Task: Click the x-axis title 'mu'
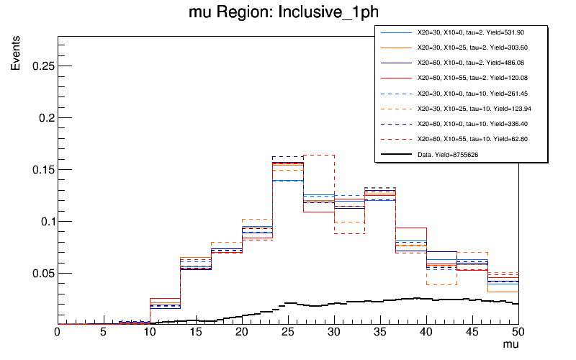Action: click(x=510, y=346)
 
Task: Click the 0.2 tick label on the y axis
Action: click(x=43, y=118)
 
